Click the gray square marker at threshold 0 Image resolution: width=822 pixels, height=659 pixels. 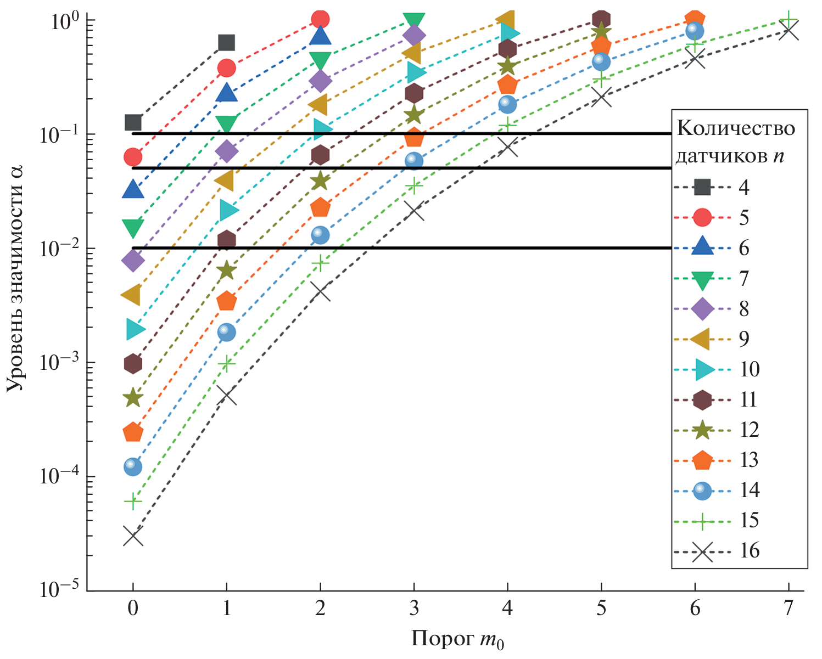click(x=133, y=122)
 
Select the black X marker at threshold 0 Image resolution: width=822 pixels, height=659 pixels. click(x=133, y=537)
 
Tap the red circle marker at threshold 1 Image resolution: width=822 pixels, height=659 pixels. click(x=227, y=68)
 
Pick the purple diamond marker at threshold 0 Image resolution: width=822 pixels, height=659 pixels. click(x=133, y=260)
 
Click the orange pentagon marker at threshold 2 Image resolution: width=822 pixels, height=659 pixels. click(x=320, y=208)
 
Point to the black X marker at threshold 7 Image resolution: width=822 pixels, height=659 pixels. click(x=789, y=31)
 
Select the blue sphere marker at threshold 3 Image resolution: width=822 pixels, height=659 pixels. click(x=414, y=161)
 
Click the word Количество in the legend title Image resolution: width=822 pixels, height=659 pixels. click(x=736, y=128)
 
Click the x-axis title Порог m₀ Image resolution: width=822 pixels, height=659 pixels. click(x=457, y=640)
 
